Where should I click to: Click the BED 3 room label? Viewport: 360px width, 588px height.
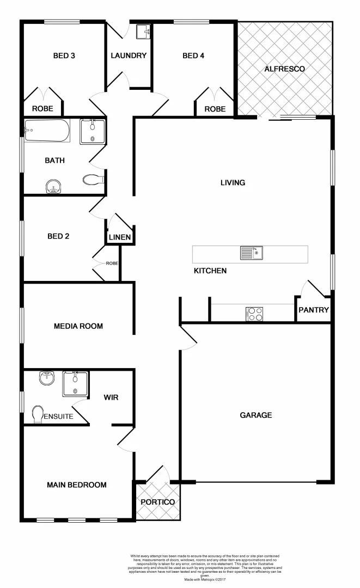click(x=64, y=56)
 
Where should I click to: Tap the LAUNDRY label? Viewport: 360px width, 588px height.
click(x=129, y=56)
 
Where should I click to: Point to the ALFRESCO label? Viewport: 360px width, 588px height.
click(x=284, y=69)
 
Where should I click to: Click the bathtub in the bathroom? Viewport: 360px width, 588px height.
click(x=47, y=131)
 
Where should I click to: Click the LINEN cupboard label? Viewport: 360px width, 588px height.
click(x=119, y=237)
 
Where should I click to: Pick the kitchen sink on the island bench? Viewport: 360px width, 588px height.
click(x=252, y=253)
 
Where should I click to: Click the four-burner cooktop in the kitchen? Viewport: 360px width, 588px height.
click(x=255, y=314)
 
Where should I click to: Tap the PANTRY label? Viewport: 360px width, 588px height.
click(x=314, y=310)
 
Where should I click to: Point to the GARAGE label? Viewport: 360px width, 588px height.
click(x=256, y=415)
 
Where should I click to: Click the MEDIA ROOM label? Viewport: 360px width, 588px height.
click(x=78, y=327)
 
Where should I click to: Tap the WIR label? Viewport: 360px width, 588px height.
click(x=111, y=397)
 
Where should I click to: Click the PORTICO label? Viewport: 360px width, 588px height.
click(x=157, y=502)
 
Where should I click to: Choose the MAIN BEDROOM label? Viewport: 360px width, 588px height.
click(x=76, y=485)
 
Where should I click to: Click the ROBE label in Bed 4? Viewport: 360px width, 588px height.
click(x=215, y=109)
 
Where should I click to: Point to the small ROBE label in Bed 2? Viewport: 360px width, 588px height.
click(x=112, y=264)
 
